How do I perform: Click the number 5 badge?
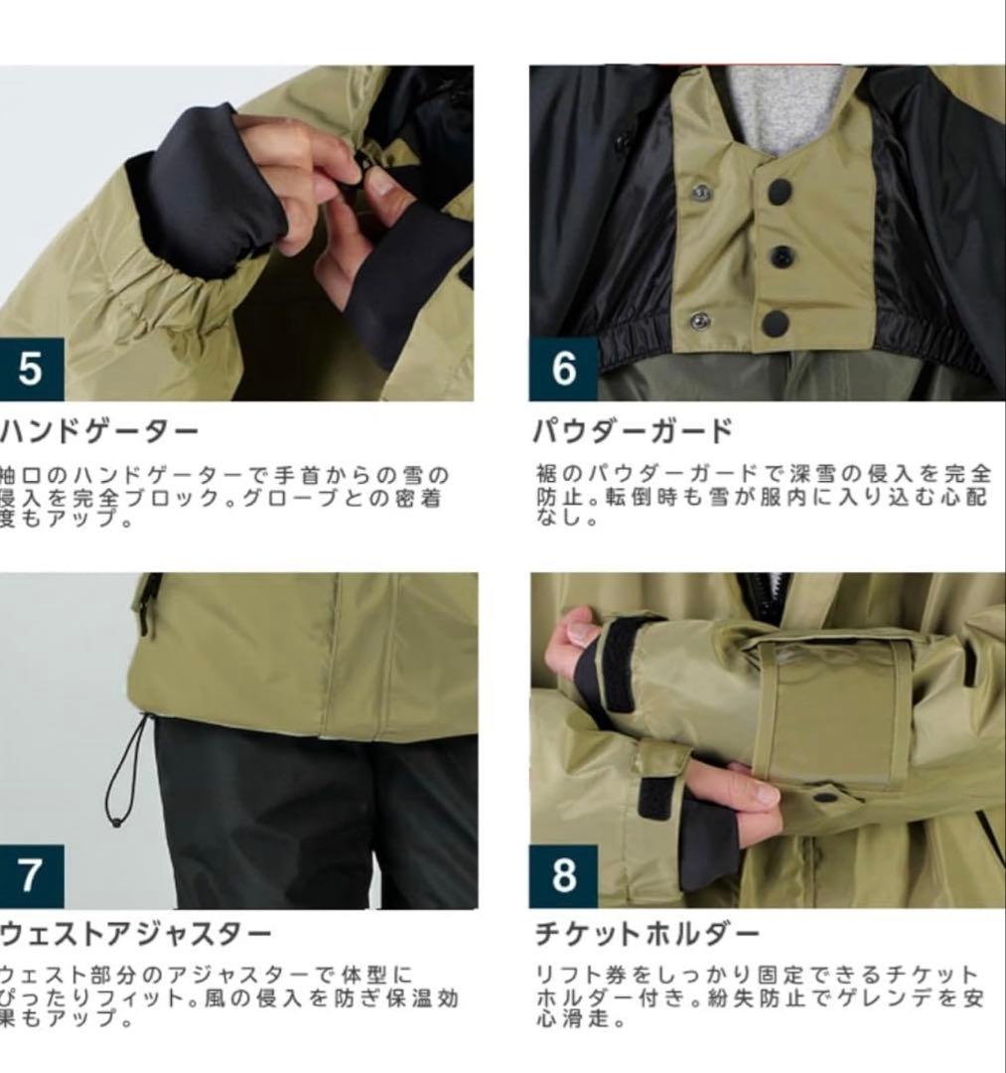31,369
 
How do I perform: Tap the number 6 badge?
563,369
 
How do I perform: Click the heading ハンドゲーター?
99,432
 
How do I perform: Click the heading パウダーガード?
634,432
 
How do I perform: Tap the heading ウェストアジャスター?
135,935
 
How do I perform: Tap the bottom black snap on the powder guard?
775,322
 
